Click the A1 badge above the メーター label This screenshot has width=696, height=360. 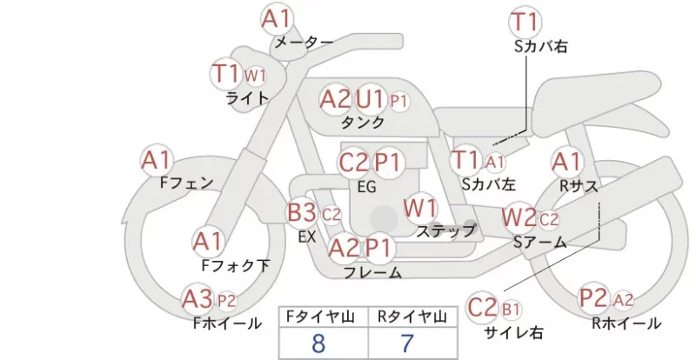click(276, 19)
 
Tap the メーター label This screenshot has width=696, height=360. click(304, 42)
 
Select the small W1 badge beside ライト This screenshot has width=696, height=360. click(255, 76)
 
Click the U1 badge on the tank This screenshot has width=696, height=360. click(370, 99)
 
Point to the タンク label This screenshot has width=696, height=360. click(362, 123)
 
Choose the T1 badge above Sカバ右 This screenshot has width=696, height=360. click(525, 22)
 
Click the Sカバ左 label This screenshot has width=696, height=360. click(488, 183)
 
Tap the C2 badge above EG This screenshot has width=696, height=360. click(353, 163)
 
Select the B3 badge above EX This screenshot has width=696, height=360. click(302, 213)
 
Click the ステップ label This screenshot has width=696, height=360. click(445, 230)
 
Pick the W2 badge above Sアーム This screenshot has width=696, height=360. click(519, 218)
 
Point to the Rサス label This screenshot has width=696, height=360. click(579, 186)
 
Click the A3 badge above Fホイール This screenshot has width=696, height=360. click(197, 299)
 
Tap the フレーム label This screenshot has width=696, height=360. click(373, 272)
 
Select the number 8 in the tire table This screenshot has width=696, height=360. click(318, 343)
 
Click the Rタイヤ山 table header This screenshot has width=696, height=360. click(412, 317)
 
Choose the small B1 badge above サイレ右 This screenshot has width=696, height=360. click(511, 309)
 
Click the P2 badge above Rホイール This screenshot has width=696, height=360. click(593, 298)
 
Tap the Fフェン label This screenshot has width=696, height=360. click(186, 183)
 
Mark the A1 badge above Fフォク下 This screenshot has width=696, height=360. click(208, 243)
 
